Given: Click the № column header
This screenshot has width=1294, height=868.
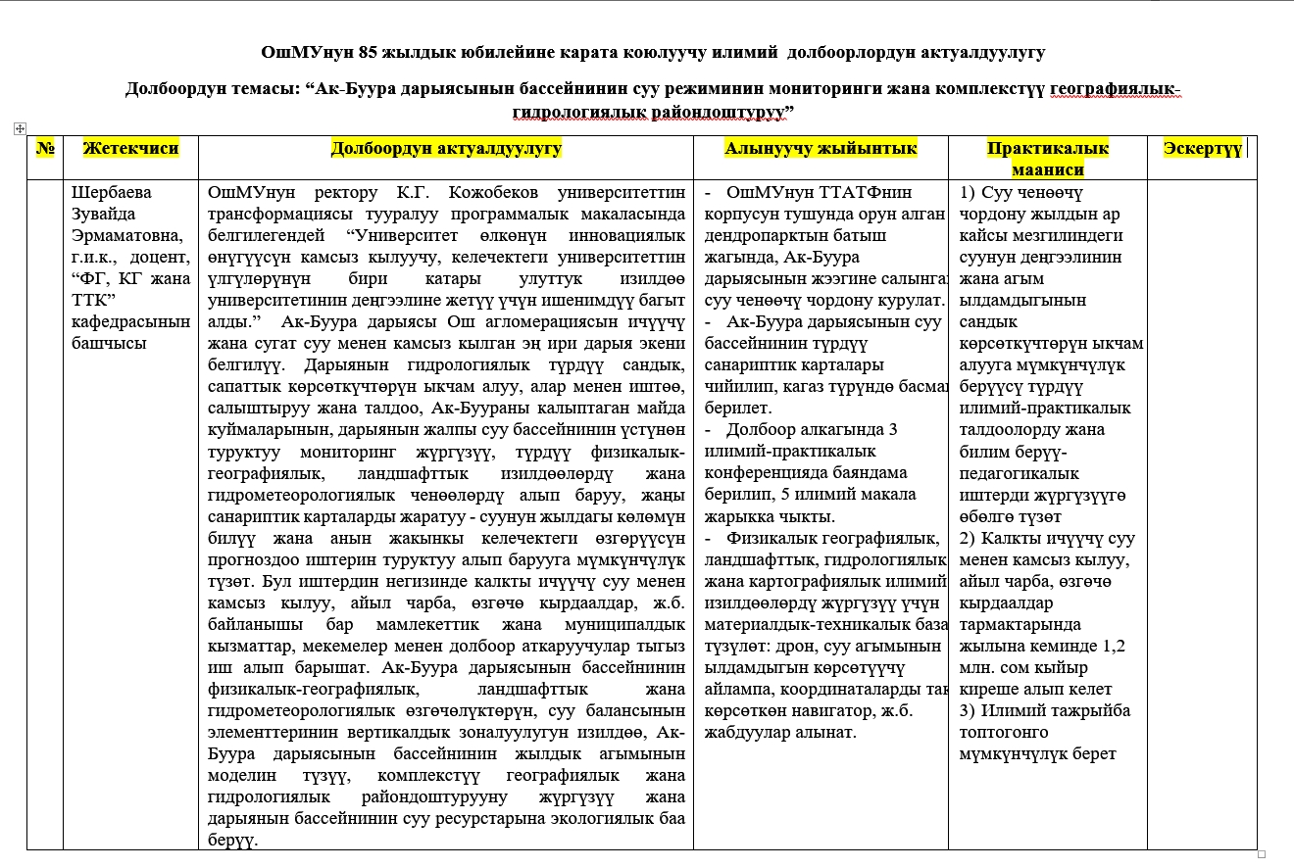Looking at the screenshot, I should tap(45, 148).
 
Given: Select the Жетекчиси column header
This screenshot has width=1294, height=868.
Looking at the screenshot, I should tap(130, 148).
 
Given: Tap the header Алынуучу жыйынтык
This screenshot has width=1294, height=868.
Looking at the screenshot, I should tap(821, 148).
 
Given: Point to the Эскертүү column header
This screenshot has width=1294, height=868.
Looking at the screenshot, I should tap(1202, 148).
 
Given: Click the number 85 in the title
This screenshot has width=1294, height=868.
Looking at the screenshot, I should tap(341, 52).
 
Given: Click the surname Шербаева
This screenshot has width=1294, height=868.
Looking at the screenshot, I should tap(112, 192).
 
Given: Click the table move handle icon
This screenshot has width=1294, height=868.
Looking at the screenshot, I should tap(20, 128).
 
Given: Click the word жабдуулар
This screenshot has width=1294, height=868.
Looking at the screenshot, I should tap(747, 733).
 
